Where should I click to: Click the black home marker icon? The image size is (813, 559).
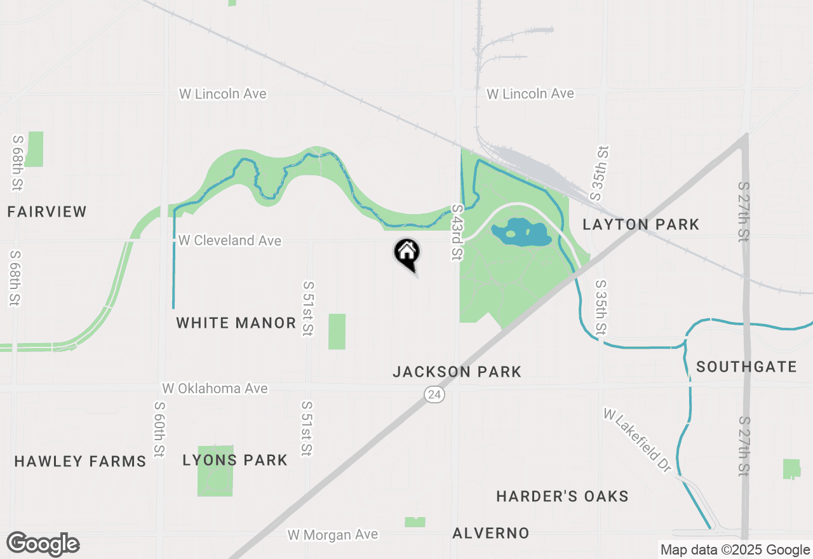[x=406, y=253]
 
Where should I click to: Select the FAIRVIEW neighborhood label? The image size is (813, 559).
[x=47, y=212]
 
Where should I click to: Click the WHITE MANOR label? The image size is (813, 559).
[x=236, y=323]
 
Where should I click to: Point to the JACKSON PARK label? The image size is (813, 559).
[x=457, y=372]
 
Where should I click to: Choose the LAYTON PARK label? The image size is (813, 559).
[x=641, y=224]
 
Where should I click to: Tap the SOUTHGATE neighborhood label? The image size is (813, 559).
[x=746, y=367]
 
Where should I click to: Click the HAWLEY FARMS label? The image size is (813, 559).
[x=81, y=461]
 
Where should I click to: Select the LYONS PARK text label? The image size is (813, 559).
[x=235, y=460]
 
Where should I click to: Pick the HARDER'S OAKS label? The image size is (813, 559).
[x=563, y=496]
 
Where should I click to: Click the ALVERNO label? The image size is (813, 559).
[x=491, y=533]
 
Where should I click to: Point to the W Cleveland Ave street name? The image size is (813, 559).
[x=230, y=241]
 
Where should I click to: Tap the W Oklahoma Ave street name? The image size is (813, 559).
[x=215, y=388]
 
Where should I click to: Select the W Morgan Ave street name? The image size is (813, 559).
[x=333, y=535]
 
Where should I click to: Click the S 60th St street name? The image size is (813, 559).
[x=159, y=428]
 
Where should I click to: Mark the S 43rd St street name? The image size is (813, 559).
[x=457, y=232]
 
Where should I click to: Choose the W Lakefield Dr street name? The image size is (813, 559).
[x=637, y=440]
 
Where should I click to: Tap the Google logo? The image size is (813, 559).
[x=43, y=544]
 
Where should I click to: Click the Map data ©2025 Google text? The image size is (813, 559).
[x=735, y=550]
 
